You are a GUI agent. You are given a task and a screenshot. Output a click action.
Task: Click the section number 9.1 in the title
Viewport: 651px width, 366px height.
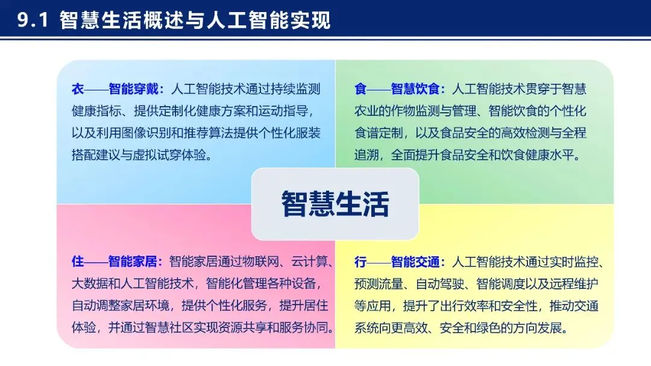[33, 20]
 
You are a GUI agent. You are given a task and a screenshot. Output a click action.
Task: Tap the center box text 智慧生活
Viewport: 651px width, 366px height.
[335, 204]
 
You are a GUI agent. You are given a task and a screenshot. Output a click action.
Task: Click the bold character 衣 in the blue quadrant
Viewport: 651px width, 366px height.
[78, 89]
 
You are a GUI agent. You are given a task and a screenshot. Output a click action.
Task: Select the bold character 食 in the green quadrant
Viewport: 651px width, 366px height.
[360, 89]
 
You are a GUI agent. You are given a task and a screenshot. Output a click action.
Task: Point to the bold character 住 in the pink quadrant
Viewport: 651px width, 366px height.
[78, 262]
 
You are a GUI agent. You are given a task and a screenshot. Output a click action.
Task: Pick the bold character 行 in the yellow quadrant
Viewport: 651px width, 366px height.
[360, 262]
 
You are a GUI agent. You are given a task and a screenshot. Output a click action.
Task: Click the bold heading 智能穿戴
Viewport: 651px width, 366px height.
[133, 89]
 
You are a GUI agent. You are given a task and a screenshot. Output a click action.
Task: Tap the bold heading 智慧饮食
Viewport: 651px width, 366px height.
[415, 89]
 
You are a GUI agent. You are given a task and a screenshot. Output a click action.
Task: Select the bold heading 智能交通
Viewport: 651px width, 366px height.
[415, 262]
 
